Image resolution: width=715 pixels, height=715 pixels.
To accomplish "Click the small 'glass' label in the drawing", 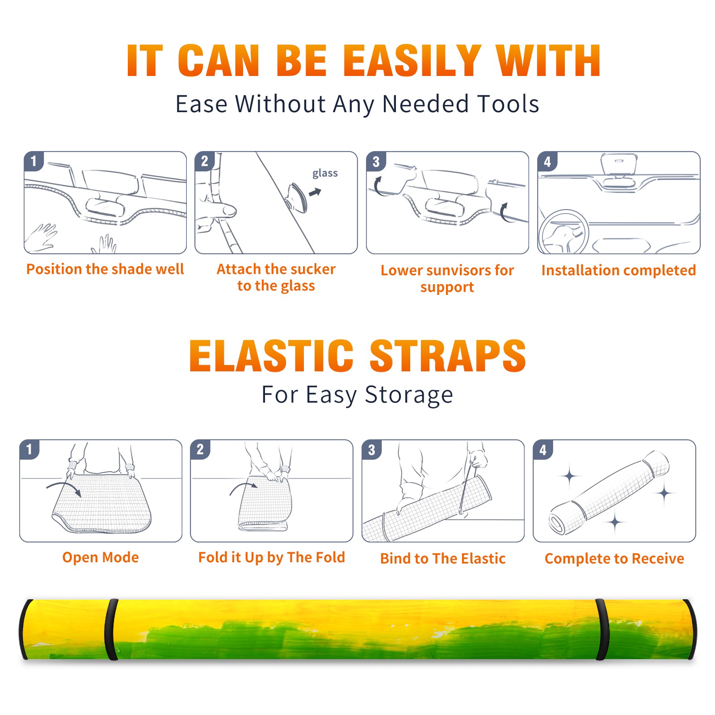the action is [325, 173].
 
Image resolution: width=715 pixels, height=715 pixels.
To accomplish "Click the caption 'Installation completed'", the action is [618, 270].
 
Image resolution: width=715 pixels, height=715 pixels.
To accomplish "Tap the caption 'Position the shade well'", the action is [105, 269].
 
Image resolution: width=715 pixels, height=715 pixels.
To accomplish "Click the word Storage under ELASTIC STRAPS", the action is [409, 395].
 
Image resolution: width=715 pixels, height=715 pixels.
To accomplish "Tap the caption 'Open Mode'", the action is [101, 557].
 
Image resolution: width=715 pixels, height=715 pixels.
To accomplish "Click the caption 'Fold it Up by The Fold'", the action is [272, 557].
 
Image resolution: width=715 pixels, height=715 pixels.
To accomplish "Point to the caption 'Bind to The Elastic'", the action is [443, 559].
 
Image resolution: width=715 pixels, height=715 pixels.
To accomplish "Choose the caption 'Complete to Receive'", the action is [614, 559].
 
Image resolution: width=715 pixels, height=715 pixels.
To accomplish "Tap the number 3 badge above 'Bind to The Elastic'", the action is [372, 450].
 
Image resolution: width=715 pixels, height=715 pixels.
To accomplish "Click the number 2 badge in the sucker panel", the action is [205, 161].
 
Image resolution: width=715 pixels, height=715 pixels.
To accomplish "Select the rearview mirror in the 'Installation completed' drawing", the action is [618, 164].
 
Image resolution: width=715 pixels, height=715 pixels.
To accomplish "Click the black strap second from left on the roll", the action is [112, 629].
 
